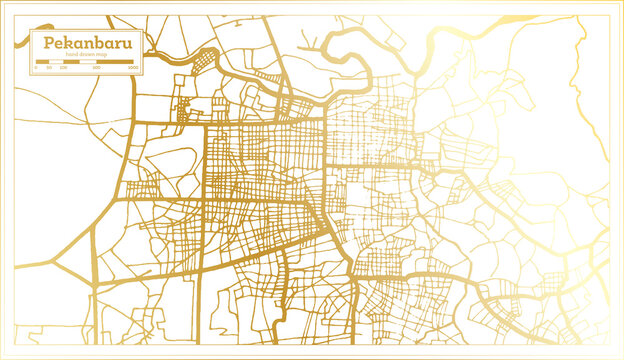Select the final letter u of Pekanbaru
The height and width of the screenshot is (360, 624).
click(132, 45)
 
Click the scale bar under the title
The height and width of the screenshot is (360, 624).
click(87, 62)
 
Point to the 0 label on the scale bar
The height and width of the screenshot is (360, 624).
click(35, 67)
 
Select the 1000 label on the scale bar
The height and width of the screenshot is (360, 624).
click(134, 67)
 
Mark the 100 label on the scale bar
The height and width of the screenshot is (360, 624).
click(63, 67)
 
